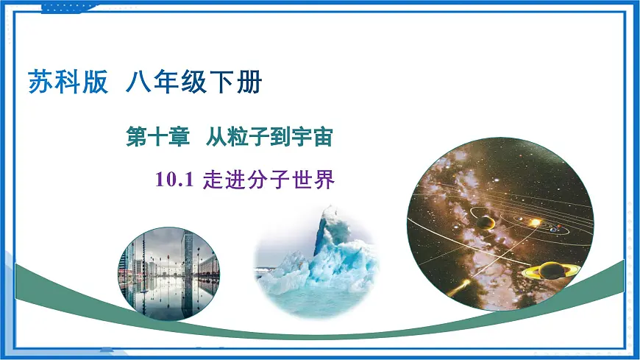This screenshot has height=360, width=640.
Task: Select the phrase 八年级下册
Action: coord(193,81)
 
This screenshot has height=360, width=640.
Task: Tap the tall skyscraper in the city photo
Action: coord(188,258)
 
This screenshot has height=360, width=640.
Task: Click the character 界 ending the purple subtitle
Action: coord(324,180)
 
